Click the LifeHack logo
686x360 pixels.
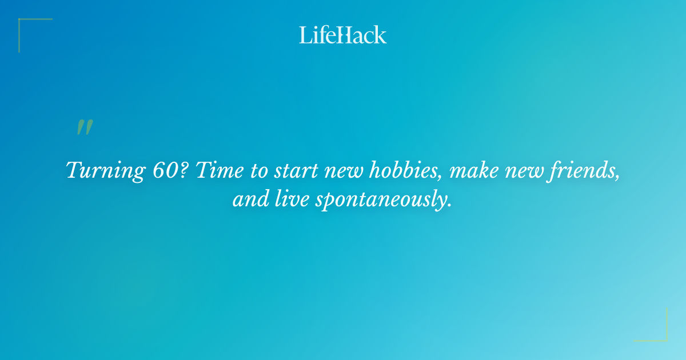[343, 35]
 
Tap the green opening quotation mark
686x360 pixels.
[85, 127]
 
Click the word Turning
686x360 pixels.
[97, 171]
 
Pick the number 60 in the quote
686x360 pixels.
[162, 170]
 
